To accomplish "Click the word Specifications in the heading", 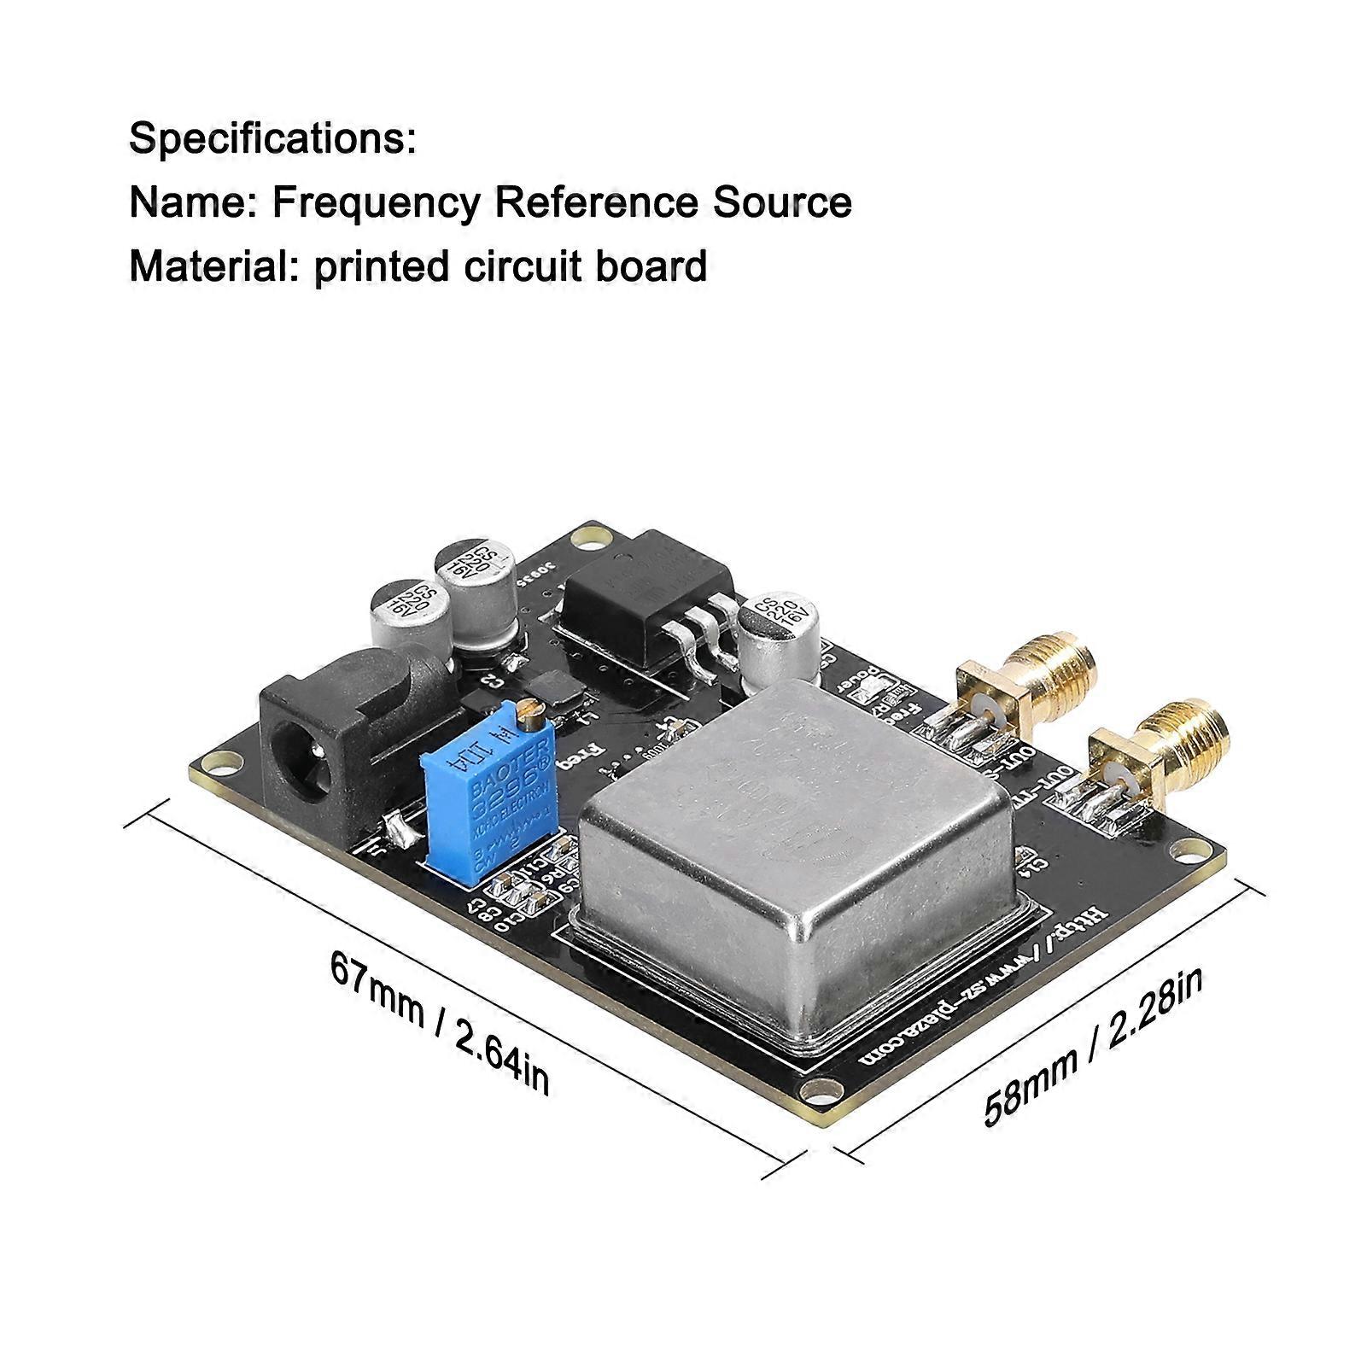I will pyautogui.click(x=272, y=138).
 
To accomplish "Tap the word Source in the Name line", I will pyautogui.click(x=782, y=203).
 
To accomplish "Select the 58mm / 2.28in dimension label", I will pyautogui.click(x=1094, y=1047).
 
